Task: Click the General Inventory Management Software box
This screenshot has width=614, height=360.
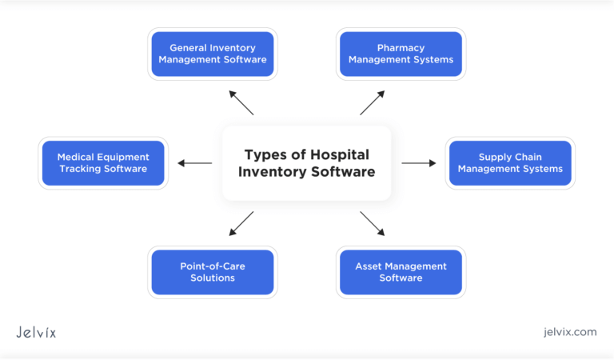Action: (213, 54)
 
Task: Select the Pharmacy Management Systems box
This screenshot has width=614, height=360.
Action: (401, 54)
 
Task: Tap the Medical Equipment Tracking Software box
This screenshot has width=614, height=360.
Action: (103, 163)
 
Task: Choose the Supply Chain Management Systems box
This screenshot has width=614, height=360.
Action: (510, 163)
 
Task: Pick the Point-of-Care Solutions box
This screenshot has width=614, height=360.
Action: (213, 272)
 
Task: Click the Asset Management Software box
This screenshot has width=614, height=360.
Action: (401, 272)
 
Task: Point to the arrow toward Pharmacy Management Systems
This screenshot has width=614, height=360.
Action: (373, 102)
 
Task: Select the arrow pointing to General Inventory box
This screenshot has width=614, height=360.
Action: (241, 102)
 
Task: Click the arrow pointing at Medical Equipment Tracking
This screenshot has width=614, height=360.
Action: (194, 163)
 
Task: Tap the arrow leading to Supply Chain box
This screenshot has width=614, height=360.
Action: (419, 163)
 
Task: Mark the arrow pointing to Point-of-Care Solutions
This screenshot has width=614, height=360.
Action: (241, 223)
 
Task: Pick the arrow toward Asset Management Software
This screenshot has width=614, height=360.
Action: (373, 223)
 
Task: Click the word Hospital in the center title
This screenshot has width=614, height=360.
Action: (339, 154)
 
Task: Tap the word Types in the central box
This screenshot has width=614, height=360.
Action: (264, 154)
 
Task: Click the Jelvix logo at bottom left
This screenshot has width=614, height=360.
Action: (36, 332)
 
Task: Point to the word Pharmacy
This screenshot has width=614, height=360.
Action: (401, 48)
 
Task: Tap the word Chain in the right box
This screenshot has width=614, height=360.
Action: (525, 157)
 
